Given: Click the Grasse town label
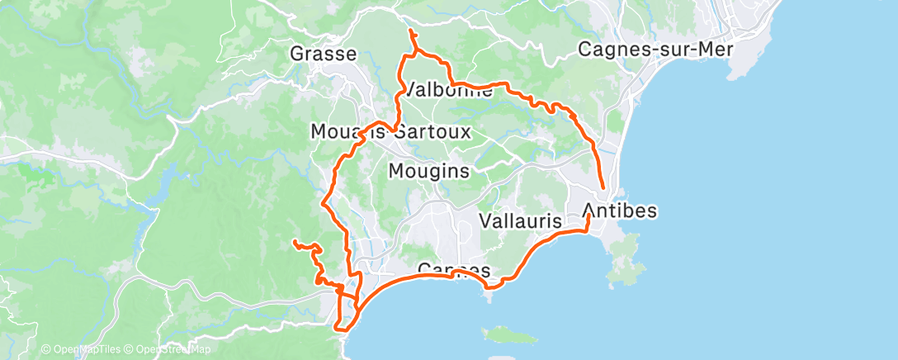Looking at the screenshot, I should pos(323,54).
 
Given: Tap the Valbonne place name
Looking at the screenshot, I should pos(446,91).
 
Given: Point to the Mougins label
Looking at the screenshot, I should pos(428,172).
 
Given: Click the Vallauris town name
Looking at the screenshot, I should pos(520,221).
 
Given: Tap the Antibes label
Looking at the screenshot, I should pos(620,211).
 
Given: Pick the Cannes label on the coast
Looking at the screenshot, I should pos(454,271).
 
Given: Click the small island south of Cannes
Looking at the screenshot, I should pos(505,334).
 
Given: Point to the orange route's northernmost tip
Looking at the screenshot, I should pos(411,31).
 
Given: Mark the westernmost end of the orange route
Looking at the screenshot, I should pos(295,241).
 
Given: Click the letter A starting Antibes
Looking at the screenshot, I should pos(590,211).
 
